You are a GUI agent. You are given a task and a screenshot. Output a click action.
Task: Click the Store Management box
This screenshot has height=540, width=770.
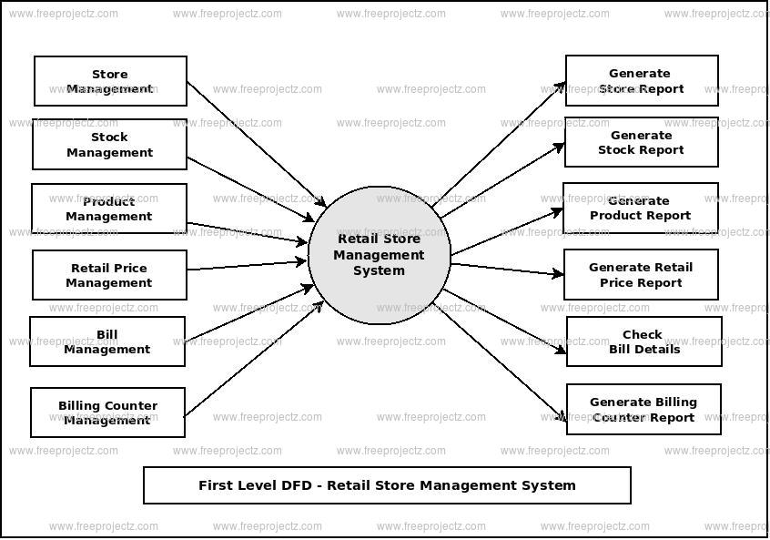[x=110, y=81]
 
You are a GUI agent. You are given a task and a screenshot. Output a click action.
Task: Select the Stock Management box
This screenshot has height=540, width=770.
[x=109, y=145]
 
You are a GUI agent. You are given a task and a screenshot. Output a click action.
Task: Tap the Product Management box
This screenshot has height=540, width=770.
[x=109, y=209]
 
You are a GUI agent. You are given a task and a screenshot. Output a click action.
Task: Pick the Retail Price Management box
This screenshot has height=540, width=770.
[x=109, y=275]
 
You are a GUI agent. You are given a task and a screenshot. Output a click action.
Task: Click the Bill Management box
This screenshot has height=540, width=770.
[x=107, y=341]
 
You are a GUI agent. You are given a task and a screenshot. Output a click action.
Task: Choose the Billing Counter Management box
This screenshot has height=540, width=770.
[x=107, y=413]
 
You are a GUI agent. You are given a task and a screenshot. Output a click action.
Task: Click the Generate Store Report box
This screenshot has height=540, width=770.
[x=641, y=81]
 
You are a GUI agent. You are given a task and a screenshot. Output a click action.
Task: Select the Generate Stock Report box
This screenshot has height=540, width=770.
[x=641, y=142]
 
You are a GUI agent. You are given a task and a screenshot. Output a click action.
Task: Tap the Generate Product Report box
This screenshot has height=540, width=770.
[x=640, y=208]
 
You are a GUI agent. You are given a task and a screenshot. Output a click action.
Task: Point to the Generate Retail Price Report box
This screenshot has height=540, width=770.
[x=640, y=275]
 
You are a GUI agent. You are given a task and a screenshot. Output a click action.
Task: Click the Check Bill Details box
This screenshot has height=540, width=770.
[x=643, y=341]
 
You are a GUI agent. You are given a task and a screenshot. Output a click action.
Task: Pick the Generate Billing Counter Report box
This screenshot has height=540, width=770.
[x=643, y=410]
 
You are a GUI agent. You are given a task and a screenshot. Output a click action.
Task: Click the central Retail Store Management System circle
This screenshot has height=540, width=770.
[x=379, y=255]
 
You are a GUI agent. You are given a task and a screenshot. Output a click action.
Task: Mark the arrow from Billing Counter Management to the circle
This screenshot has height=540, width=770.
[x=250, y=359]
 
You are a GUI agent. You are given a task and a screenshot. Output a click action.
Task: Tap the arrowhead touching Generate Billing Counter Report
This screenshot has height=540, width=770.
[x=562, y=417]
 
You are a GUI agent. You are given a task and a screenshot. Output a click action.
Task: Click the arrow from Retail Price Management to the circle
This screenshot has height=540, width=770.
[x=246, y=265]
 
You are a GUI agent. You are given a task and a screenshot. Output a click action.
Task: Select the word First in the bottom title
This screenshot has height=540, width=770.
[x=215, y=485]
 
